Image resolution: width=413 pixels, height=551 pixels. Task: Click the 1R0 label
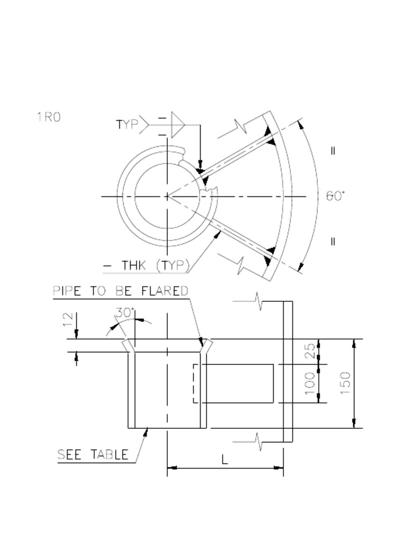(48, 117)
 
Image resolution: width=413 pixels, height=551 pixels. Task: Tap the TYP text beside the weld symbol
(127, 124)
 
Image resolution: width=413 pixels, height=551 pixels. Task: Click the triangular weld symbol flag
(177, 125)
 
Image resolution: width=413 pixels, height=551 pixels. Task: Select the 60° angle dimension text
(335, 196)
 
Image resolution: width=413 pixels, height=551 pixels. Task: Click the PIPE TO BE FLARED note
(120, 291)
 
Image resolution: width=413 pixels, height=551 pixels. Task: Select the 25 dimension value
(310, 351)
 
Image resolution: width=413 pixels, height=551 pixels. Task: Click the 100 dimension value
(310, 383)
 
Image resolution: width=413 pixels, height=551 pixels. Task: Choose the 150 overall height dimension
(345, 383)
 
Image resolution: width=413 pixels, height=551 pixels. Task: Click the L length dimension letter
(225, 460)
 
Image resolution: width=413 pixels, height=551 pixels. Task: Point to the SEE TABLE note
(93, 455)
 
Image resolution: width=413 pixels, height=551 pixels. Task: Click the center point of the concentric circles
(168, 196)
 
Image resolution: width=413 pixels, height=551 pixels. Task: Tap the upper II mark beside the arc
(333, 151)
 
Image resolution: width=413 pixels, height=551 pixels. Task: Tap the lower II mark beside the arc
(333, 242)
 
